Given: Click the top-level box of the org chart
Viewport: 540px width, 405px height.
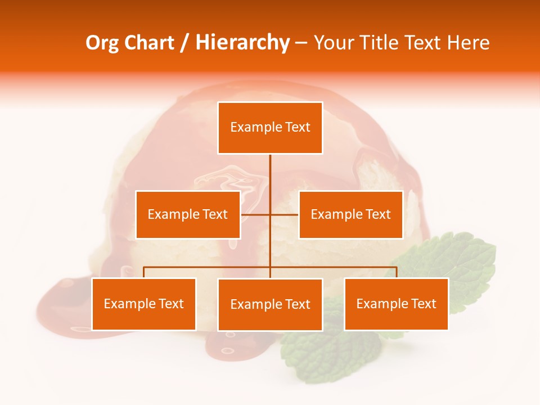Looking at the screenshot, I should pos(270,128).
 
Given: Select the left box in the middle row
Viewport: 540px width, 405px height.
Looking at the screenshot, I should pos(188,214).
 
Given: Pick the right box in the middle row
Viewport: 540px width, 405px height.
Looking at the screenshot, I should pos(350,214).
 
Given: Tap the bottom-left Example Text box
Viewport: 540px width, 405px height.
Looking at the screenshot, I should pos(144,304).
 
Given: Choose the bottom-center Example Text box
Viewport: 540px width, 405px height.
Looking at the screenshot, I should pos(270,304).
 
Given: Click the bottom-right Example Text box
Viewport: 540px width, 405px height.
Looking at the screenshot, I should pos(396,304).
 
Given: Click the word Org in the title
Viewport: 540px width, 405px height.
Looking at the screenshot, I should pos(102,43).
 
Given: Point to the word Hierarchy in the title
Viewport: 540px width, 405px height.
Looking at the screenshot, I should pos(242,43).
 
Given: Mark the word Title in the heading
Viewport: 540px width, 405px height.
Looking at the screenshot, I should pos(380,43).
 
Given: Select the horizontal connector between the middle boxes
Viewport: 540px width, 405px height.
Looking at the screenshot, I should pos(256,214).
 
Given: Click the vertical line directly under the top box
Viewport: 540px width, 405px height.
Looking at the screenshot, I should pos(270,172).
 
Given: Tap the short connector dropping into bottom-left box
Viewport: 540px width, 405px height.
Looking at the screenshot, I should pos(144,272).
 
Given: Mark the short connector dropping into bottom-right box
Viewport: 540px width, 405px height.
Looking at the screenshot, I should pos(396,272).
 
